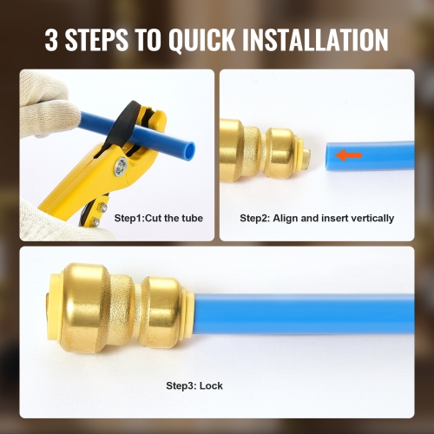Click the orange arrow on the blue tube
coord(349,156)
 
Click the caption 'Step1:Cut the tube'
coord(161,218)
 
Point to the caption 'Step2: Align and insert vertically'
coord(317,218)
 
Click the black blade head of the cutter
coord(130,122)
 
